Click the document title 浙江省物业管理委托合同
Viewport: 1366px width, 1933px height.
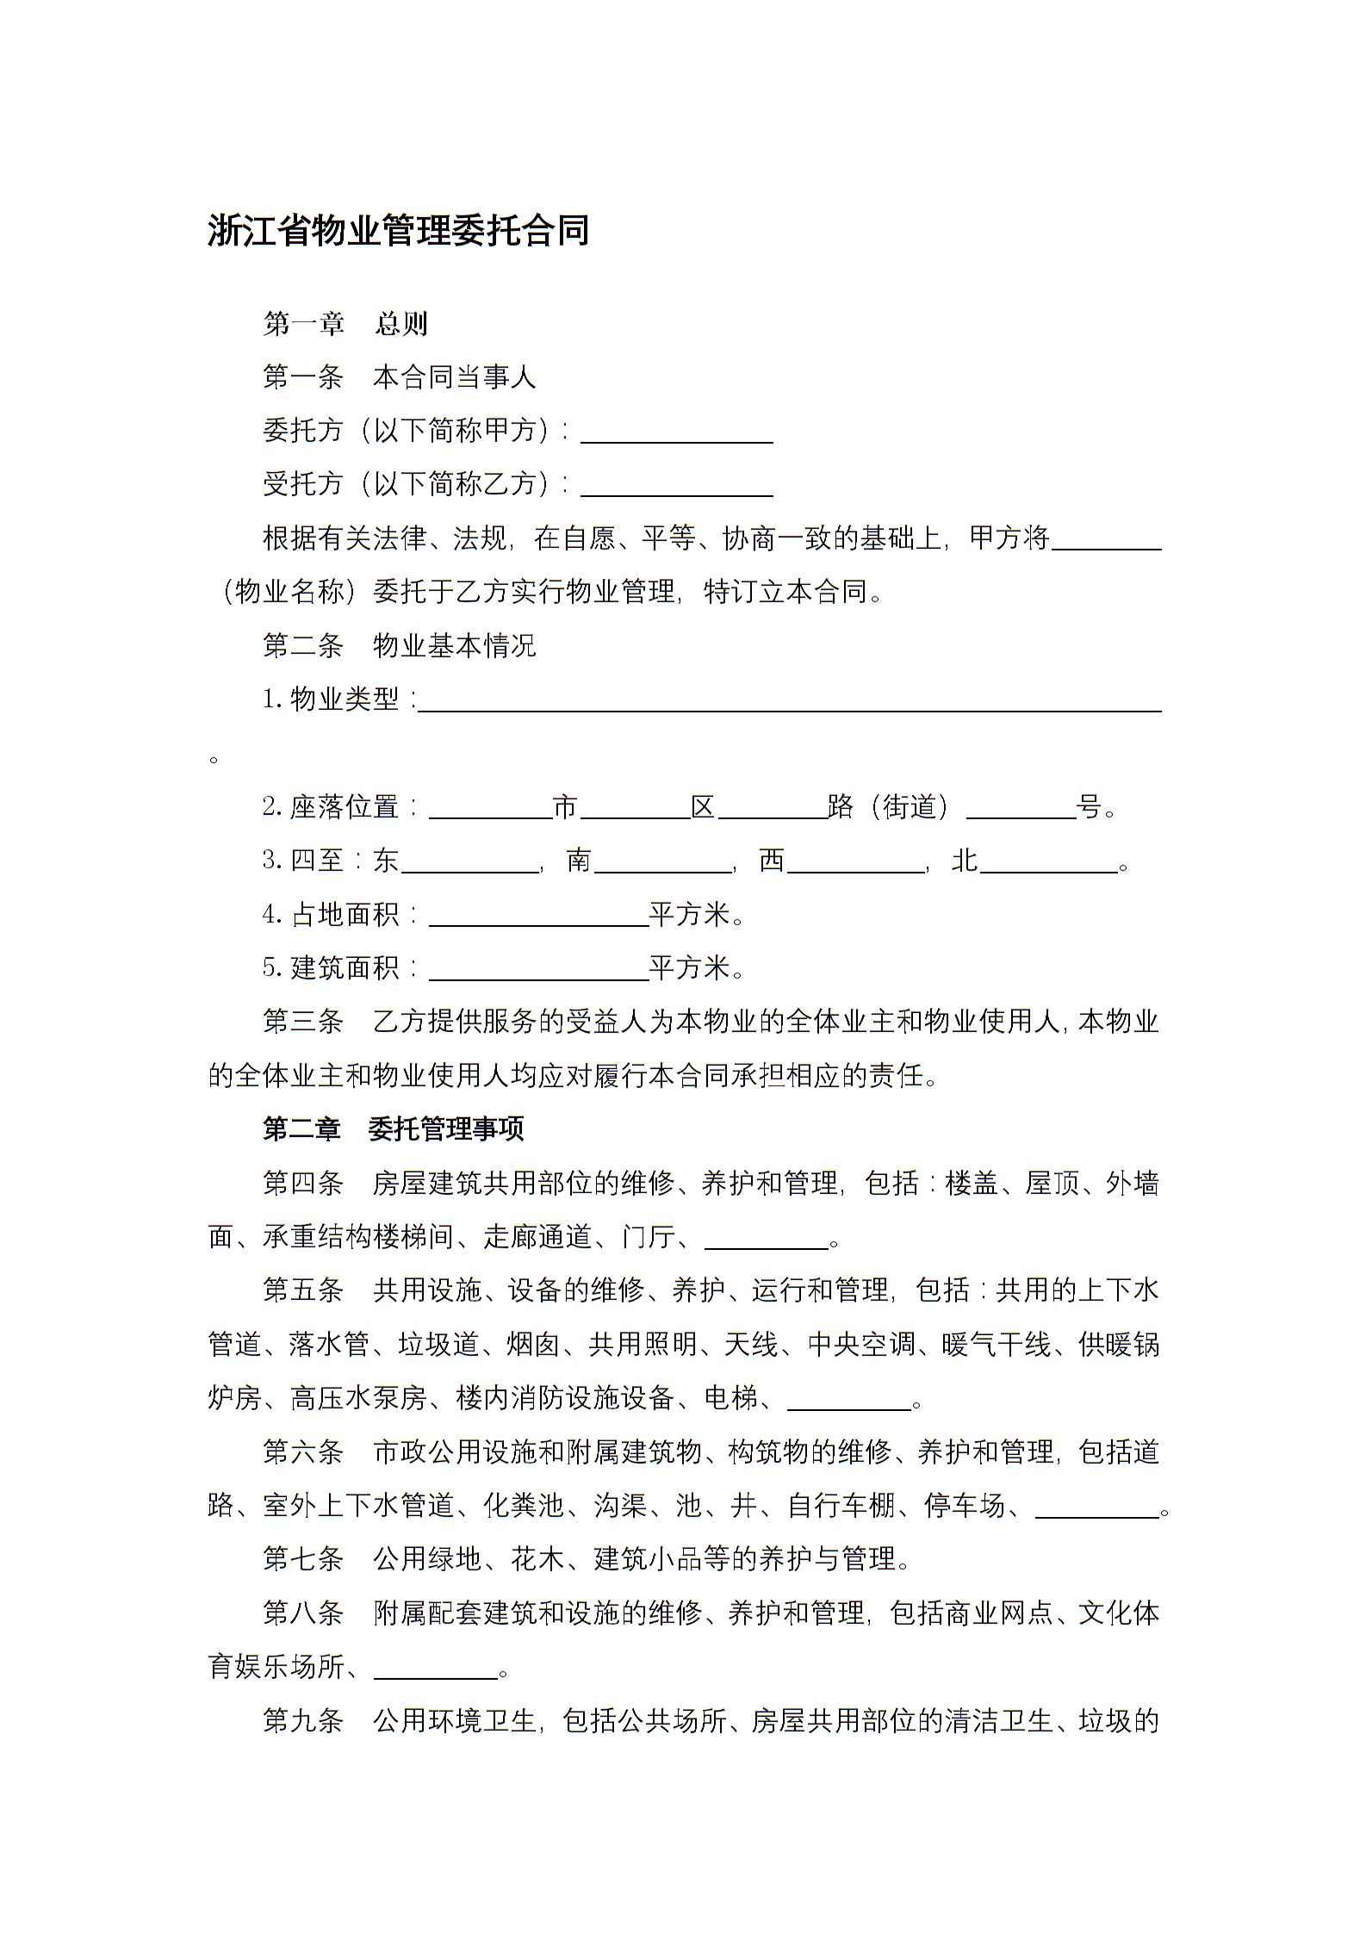[x=398, y=231]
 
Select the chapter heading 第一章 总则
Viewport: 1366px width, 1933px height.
[x=345, y=323]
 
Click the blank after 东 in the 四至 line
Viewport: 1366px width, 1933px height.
[x=469, y=862]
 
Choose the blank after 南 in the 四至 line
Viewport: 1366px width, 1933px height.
[x=662, y=862]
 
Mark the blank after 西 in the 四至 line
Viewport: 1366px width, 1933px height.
[x=855, y=862]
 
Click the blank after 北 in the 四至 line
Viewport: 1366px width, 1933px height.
[x=1048, y=862]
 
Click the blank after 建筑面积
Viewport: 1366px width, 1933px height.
[x=538, y=970]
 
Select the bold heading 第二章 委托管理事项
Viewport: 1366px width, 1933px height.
[x=394, y=1129]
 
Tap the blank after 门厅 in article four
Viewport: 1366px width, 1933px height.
[x=766, y=1239]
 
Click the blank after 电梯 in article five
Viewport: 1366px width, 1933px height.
[x=849, y=1400]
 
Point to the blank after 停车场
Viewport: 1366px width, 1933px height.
[x=1096, y=1507]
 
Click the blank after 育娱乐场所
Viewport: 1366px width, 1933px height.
[x=435, y=1669]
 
